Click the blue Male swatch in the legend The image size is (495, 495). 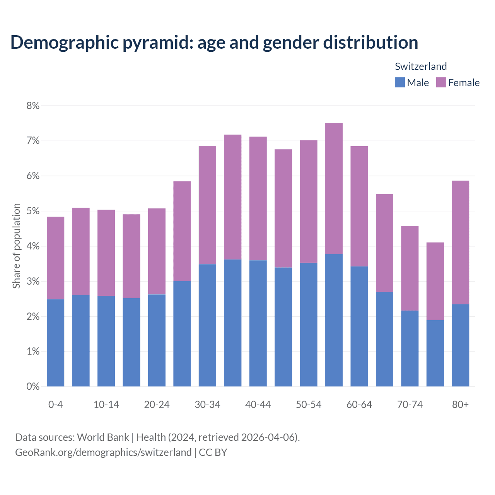[399, 82]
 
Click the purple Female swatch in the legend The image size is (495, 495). [441, 82]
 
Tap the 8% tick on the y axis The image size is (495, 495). [33, 106]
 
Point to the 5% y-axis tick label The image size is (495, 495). [33, 211]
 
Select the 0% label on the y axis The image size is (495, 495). [33, 386]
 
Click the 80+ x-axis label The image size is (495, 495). [460, 405]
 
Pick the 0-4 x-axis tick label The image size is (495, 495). [55, 405]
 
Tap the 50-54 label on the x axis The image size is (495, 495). [309, 405]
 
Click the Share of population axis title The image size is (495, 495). [16, 246]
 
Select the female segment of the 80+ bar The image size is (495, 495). [460, 242]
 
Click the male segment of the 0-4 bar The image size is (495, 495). [55, 343]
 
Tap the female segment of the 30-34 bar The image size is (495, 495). [207, 205]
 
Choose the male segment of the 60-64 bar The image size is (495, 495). [359, 326]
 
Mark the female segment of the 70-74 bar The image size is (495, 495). [410, 268]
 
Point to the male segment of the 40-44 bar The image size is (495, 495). [258, 323]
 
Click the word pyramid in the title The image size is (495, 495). [157, 42]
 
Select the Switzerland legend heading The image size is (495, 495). [421, 67]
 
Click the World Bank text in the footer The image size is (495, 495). [103, 437]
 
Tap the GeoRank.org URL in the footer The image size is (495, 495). [103, 452]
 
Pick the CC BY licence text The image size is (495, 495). [213, 452]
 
